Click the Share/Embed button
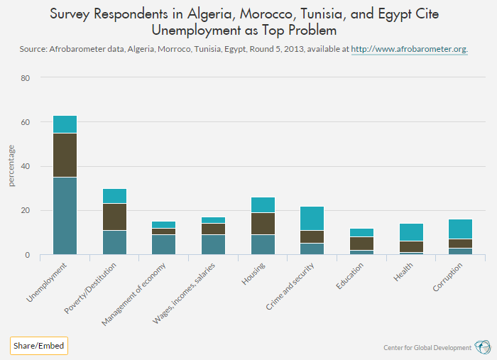click(38, 346)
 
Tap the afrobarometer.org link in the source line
click(410, 50)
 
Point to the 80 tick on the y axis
click(25, 78)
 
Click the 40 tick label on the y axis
click(25, 166)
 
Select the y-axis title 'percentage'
click(11, 166)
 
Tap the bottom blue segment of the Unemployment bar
click(65, 215)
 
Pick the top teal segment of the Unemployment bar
click(65, 124)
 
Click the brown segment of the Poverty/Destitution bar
click(114, 217)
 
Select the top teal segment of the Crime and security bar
click(313, 218)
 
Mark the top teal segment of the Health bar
click(412, 232)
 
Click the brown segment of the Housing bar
click(263, 224)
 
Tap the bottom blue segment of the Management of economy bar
click(164, 244)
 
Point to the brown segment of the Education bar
click(363, 243)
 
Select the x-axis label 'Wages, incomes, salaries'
click(186, 292)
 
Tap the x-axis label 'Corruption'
click(448, 277)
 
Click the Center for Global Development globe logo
click(484, 347)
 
